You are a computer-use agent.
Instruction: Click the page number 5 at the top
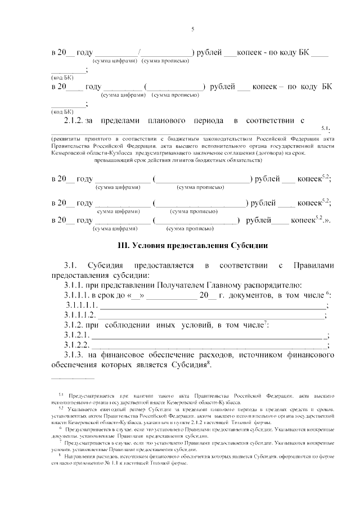[192, 29]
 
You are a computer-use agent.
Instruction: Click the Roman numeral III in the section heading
[123, 246]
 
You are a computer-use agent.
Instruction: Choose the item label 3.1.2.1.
[76, 335]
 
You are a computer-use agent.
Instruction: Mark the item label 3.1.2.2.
[76, 345]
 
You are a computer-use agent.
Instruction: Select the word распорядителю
[277, 285]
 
